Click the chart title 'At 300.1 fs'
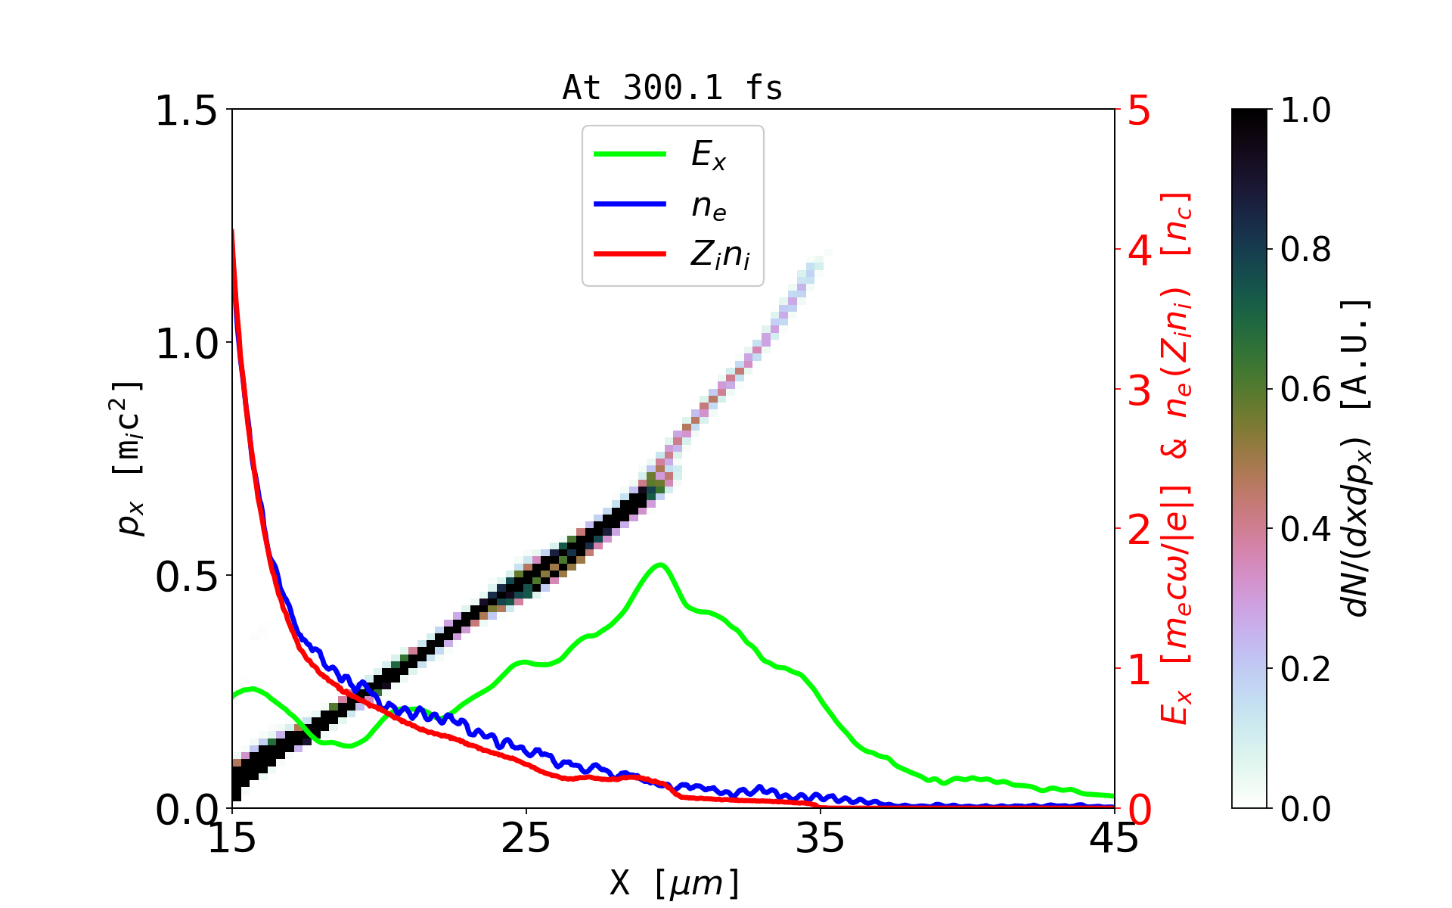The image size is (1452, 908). pos(672,89)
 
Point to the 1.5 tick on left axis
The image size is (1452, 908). pos(185,111)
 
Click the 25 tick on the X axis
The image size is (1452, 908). pos(526,838)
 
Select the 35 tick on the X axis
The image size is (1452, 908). pos(821,838)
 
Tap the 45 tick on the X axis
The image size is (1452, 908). pos(1114,838)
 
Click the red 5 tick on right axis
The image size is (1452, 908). pos(1139,111)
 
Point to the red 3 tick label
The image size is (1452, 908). pos(1139,390)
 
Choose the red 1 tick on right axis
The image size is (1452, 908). pos(1139,670)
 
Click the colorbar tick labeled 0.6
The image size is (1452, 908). pos(1305,390)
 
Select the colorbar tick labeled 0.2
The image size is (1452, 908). pos(1305,669)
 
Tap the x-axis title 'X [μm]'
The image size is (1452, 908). pos(674,882)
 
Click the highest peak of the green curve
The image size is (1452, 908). pos(660,564)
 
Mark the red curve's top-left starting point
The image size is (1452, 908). pos(233,230)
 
